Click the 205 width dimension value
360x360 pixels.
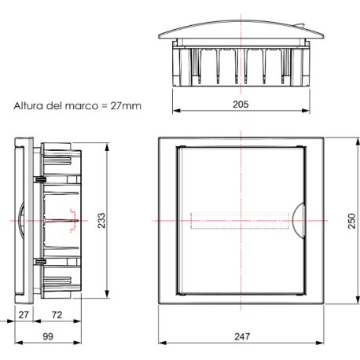pyautogui.click(x=241, y=105)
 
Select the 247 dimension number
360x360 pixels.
pyautogui.click(x=242, y=336)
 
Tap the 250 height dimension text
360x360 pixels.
pyautogui.click(x=352, y=221)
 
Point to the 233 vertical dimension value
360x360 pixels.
pyautogui.click(x=101, y=220)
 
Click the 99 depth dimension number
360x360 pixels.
pyautogui.click(x=48, y=336)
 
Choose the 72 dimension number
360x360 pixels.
pyautogui.click(x=57, y=314)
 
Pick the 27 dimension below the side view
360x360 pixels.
pyautogui.click(x=24, y=314)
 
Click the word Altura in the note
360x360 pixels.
pyautogui.click(x=28, y=106)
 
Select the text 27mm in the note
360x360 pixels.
pyautogui.click(x=126, y=106)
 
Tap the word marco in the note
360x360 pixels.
pyautogui.click(x=81, y=106)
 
